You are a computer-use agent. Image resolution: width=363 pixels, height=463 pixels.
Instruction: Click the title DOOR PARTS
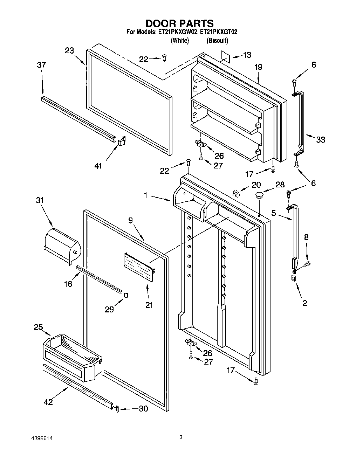179,23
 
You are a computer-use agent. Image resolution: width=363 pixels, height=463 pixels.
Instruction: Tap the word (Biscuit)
217,41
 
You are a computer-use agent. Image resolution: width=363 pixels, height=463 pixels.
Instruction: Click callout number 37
42,65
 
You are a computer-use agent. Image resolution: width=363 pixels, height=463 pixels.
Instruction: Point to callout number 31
40,200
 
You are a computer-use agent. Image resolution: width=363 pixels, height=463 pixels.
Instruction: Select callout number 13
247,55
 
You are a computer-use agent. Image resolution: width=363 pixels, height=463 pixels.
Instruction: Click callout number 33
320,140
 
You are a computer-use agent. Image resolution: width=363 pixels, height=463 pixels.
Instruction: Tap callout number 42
48,402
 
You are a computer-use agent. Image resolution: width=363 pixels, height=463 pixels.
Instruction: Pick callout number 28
280,185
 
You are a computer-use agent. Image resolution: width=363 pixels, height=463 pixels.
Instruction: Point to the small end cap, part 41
121,141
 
